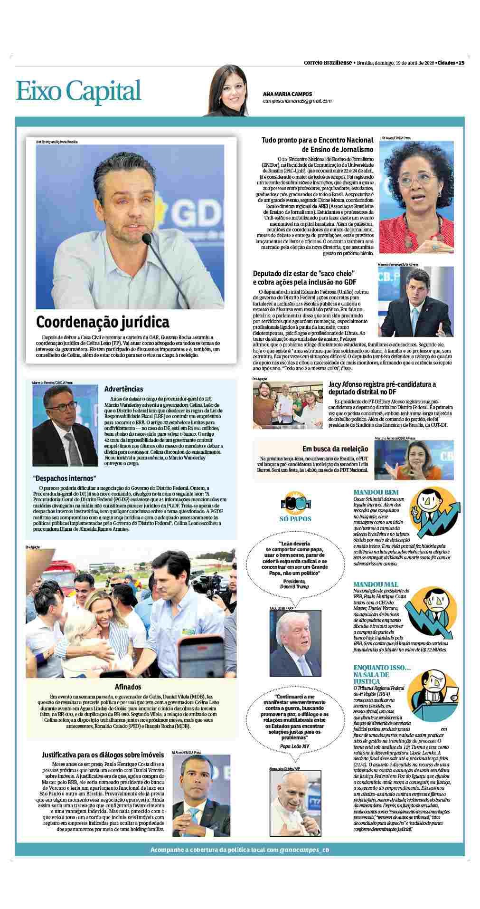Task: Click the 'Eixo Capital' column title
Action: pos(79,91)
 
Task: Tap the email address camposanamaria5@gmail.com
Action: pos(297,101)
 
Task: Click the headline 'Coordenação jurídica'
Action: pos(103,322)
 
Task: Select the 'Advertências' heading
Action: pos(123,389)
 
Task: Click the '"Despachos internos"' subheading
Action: pos(65,478)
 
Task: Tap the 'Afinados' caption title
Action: pos(128,687)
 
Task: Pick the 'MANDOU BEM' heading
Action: pos(376,492)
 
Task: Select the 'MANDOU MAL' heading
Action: pos(376,584)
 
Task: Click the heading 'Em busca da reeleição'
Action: pos(335,449)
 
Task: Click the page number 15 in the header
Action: pos(461,63)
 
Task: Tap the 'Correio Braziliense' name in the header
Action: pos(328,63)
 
